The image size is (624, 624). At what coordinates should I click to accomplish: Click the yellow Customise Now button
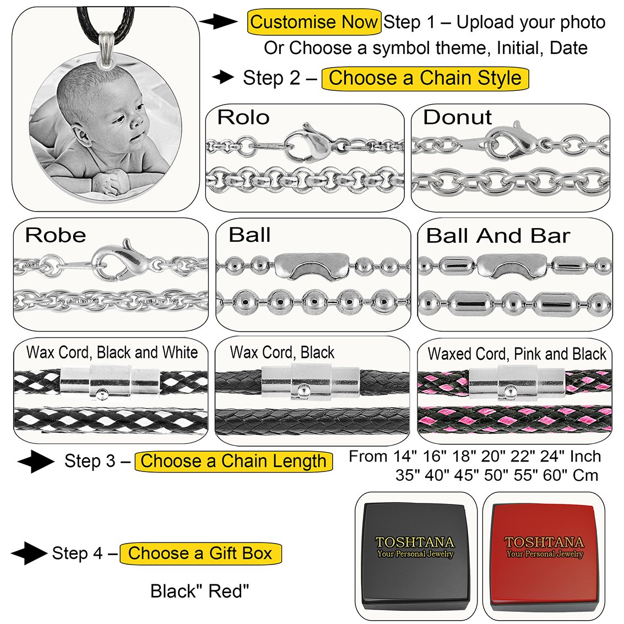pos(314,23)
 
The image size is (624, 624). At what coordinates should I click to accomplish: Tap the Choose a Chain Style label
pos(425,78)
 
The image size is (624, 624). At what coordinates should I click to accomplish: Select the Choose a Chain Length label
pos(234,461)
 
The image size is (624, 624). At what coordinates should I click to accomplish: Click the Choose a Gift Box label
pos(200,553)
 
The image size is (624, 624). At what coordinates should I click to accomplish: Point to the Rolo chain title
pos(243,117)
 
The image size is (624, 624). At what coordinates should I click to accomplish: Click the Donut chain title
pos(457,117)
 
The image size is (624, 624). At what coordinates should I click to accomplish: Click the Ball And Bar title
pos(498,236)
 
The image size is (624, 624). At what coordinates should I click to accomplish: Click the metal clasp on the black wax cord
pos(311,381)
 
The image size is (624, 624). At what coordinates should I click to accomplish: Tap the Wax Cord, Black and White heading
pos(112,352)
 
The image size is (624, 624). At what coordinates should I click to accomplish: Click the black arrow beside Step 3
pos(35,461)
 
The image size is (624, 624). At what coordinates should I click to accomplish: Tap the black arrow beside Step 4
pos(29,553)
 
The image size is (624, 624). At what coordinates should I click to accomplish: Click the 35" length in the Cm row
pos(408,475)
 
